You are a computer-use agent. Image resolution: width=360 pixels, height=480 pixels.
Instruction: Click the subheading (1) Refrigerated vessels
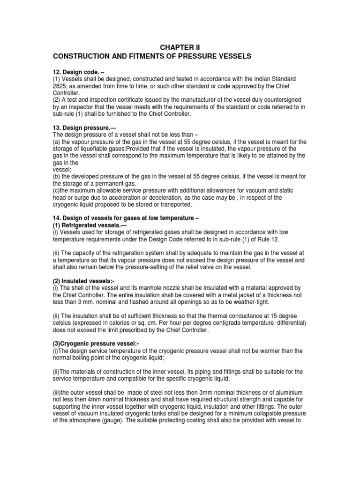pos(88,219)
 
